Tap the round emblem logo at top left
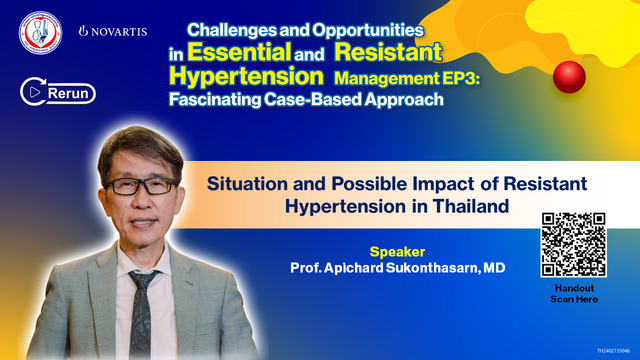point(39,33)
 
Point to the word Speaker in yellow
point(398,251)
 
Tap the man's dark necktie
point(143,310)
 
